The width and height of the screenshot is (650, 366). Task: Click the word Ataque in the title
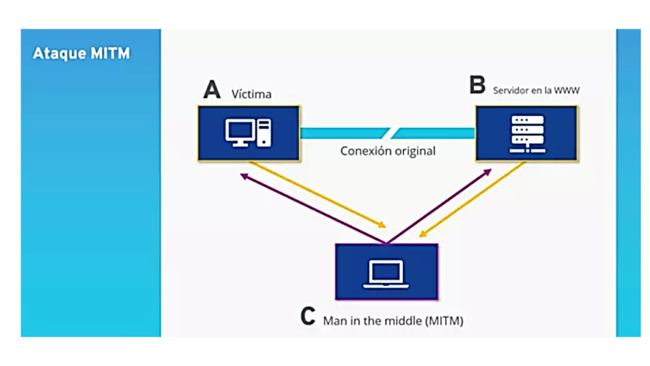point(58,53)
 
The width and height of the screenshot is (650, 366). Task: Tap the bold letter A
point(211,90)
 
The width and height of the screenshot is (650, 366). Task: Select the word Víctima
point(251,93)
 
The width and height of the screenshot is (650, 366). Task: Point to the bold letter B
point(478,86)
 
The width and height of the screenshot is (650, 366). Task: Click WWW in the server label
point(566,87)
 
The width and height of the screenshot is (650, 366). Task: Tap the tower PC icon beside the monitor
point(265,132)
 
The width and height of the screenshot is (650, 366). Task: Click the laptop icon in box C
point(386,273)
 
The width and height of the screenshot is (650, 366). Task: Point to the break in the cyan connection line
point(390,133)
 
